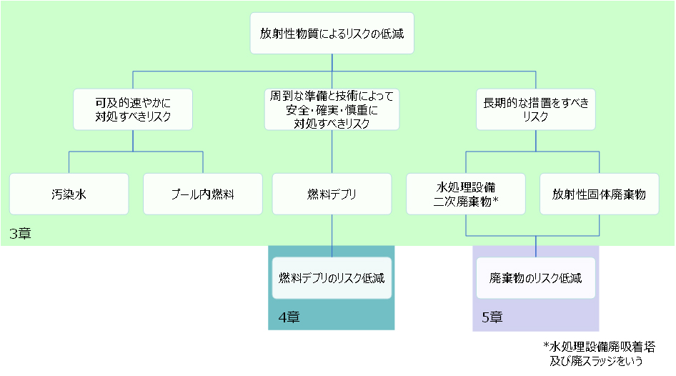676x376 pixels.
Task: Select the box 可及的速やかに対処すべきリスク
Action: (x=133, y=109)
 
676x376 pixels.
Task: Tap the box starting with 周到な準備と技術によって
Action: (x=332, y=109)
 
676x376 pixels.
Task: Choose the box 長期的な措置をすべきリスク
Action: (x=535, y=109)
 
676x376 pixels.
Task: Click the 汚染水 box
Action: (x=69, y=194)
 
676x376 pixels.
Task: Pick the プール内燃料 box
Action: (x=203, y=194)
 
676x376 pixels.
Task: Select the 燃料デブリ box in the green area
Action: (x=332, y=194)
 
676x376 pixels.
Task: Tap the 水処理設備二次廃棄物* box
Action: (x=466, y=194)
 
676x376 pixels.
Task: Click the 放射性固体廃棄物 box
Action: (x=599, y=194)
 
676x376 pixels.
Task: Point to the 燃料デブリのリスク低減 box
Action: (x=332, y=278)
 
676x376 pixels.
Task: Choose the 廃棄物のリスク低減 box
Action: (x=535, y=278)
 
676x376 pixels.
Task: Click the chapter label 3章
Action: (x=20, y=234)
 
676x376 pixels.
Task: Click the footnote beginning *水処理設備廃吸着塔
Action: (x=599, y=347)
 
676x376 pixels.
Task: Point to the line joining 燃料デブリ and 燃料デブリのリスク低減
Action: (x=332, y=236)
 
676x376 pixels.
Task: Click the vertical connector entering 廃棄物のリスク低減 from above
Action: (x=536, y=247)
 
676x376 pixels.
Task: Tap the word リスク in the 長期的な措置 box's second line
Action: (x=535, y=117)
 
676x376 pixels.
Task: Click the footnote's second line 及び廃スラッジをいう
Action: (x=597, y=361)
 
